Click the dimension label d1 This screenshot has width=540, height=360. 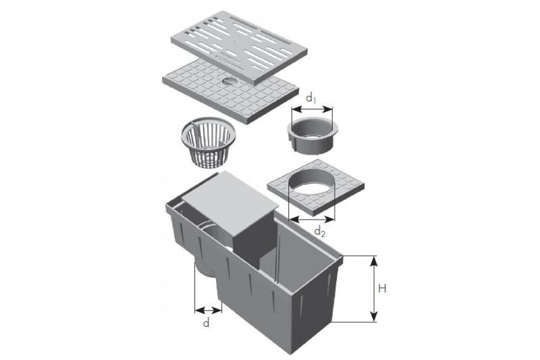(x=311, y=99)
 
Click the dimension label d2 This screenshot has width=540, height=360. (x=319, y=232)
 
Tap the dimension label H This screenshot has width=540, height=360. (x=382, y=288)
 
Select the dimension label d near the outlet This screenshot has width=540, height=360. (x=206, y=323)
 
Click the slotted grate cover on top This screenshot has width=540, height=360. (x=240, y=47)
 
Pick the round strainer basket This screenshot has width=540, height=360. (x=208, y=141)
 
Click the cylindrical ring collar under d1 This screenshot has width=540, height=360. (x=313, y=134)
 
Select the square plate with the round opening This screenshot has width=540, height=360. (x=315, y=188)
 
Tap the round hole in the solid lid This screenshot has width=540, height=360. (x=230, y=81)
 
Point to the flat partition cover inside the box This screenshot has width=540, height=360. (x=230, y=200)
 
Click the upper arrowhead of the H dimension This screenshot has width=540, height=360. (x=374, y=261)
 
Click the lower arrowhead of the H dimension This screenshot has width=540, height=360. (x=374, y=317)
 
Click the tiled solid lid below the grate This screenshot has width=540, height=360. (x=230, y=92)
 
